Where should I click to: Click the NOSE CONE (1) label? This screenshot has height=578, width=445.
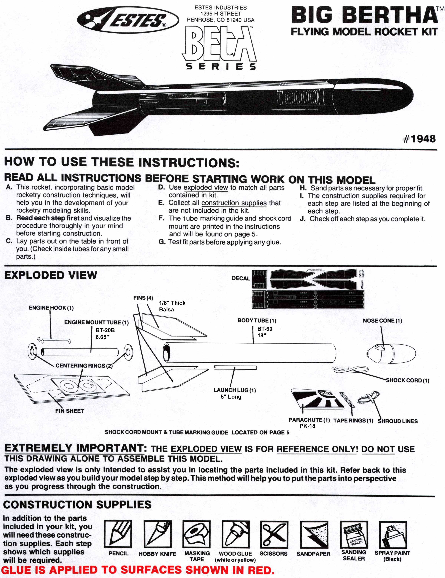tap(382, 321)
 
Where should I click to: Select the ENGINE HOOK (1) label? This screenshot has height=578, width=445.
tap(51, 308)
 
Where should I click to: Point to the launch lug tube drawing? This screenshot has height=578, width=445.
tap(235, 367)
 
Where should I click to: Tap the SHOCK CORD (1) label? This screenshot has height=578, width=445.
tap(407, 380)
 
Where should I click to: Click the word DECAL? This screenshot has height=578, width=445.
tap(241, 278)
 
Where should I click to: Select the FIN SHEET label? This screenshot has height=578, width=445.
tap(69, 411)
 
